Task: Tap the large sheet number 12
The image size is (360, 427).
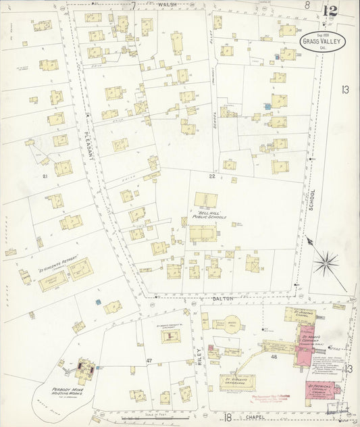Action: (x=330, y=11)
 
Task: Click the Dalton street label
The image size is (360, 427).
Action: (x=224, y=298)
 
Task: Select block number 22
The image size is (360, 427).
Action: (x=211, y=176)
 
